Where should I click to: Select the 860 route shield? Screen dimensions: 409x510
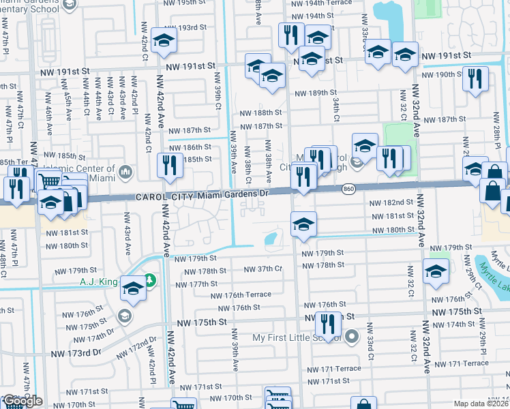click(348, 188)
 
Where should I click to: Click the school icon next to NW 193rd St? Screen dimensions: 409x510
click(164, 42)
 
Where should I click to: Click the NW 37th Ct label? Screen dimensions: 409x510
click(263, 269)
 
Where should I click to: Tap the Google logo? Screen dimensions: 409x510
click(22, 401)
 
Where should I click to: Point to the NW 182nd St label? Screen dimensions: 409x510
click(391, 203)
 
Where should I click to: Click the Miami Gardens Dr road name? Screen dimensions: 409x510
click(235, 195)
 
